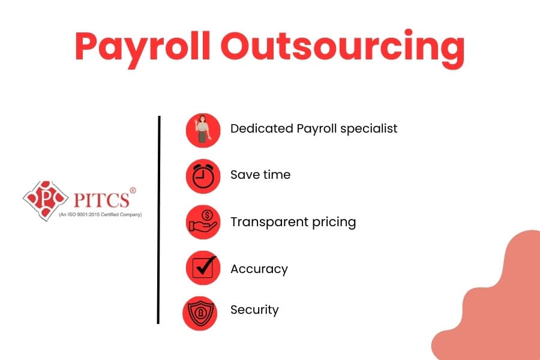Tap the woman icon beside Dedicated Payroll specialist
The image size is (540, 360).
(203, 130)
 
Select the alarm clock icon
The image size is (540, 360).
(203, 176)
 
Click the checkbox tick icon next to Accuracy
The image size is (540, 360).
(203, 268)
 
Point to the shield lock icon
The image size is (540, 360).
(200, 312)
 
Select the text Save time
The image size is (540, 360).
(260, 175)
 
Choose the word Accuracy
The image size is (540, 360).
(259, 269)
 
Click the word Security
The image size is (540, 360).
(254, 310)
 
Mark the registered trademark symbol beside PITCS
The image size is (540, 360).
(133, 191)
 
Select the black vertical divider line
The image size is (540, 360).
(159, 220)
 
